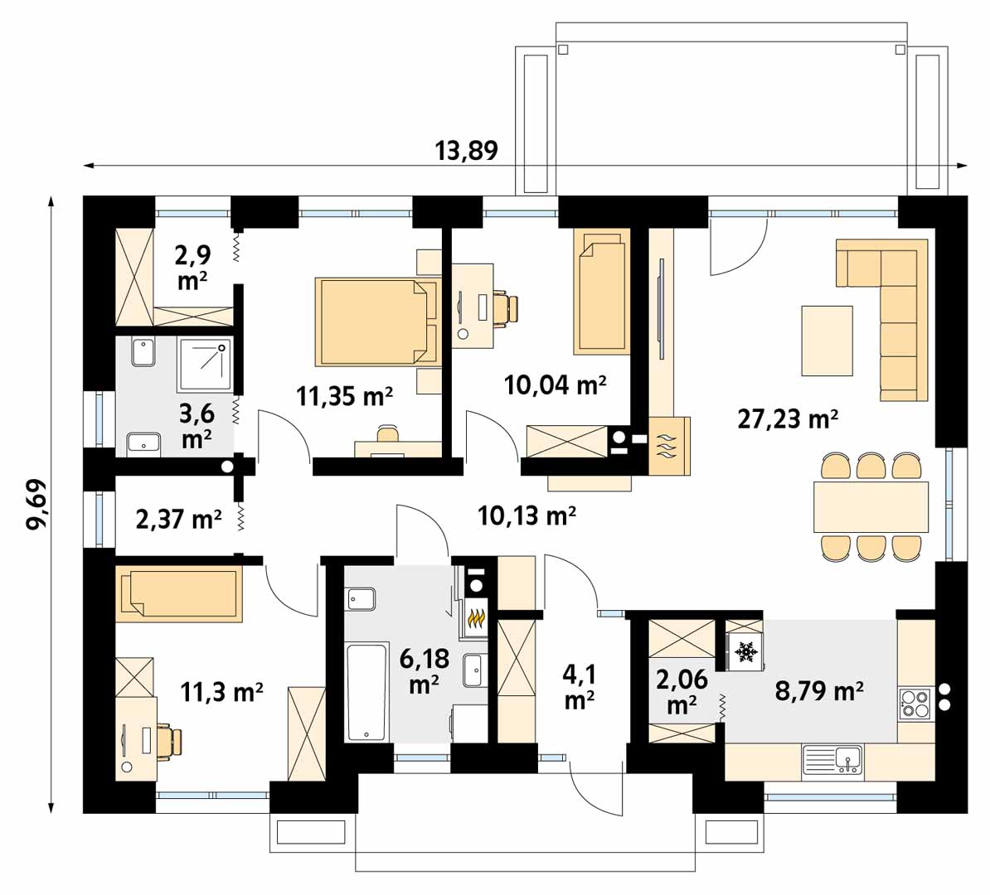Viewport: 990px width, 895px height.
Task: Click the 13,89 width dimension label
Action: click(x=467, y=150)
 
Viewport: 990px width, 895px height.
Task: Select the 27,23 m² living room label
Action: click(x=788, y=418)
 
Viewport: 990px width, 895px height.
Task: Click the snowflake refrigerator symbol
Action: click(x=745, y=651)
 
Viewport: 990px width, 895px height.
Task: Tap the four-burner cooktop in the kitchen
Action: click(x=915, y=704)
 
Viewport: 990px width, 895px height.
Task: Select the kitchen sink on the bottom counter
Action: click(x=832, y=760)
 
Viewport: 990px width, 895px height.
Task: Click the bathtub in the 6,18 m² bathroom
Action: click(x=366, y=692)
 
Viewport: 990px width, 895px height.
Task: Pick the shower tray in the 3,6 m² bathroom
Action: click(x=205, y=364)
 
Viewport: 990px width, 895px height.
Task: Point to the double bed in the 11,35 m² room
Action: click(x=377, y=322)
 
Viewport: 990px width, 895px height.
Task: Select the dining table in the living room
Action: click(x=871, y=507)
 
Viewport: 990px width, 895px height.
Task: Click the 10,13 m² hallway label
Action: click(x=527, y=515)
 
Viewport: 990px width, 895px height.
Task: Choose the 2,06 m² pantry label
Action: click(x=682, y=692)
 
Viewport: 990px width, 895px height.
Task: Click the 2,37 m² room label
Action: click(x=178, y=519)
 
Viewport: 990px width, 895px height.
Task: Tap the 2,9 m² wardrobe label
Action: click(x=192, y=268)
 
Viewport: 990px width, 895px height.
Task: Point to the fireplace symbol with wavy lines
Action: click(x=669, y=446)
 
